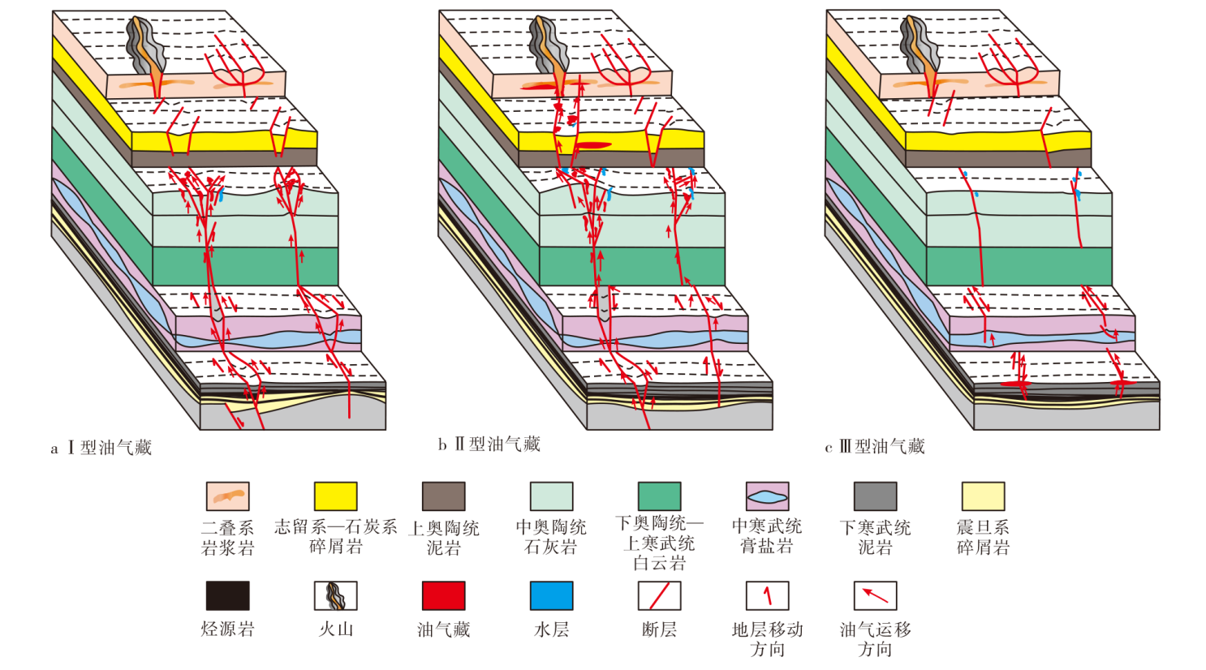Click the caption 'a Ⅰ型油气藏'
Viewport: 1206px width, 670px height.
pos(101,448)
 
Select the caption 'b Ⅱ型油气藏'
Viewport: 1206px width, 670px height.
pos(489,445)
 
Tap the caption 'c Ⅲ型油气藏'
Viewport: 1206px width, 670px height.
pos(875,447)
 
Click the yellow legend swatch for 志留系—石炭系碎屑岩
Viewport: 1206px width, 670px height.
pos(335,496)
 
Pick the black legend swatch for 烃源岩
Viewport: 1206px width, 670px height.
pos(228,595)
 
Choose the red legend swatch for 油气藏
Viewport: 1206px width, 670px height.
pos(444,595)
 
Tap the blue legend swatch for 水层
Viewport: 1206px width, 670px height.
pos(551,595)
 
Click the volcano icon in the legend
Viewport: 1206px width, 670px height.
pos(335,595)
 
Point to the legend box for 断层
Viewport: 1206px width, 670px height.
pos(660,595)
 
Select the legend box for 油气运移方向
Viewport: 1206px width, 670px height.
pos(876,595)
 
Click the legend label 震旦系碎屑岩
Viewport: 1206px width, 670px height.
pos(983,537)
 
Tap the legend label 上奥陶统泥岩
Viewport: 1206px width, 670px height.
pos(444,537)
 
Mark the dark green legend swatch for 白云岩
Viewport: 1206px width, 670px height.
pos(660,496)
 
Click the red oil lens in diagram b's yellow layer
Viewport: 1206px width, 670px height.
pos(593,144)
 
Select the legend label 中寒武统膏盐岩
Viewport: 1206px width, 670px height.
pos(767,536)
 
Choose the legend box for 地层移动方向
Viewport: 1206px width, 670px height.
pos(767,595)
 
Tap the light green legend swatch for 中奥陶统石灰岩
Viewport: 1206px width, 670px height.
pos(551,496)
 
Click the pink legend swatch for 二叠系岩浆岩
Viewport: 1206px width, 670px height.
pos(228,496)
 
